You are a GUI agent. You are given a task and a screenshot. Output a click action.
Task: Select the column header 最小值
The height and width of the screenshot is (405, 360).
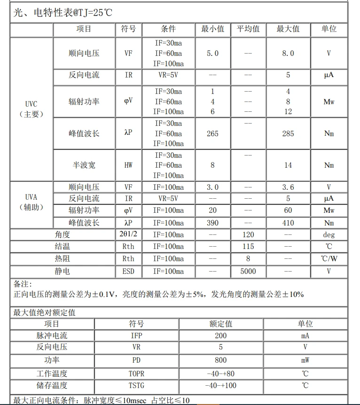[212, 29]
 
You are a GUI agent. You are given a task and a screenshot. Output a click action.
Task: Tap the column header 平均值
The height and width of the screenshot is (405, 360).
[248, 29]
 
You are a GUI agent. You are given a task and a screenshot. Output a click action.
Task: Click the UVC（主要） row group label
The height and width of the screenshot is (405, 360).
[31, 109]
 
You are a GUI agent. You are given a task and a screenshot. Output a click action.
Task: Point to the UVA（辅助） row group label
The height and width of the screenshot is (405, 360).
[31, 202]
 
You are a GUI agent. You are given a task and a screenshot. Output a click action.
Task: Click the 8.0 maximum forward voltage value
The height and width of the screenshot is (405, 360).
[288, 54]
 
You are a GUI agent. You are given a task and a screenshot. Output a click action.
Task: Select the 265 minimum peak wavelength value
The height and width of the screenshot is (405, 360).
[212, 133]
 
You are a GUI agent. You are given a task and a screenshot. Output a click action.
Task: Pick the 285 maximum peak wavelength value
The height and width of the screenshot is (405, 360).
[288, 133]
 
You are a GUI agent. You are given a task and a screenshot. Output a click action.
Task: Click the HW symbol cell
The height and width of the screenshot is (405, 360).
[128, 165]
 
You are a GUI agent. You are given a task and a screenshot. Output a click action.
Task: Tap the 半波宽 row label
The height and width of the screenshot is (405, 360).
[84, 165]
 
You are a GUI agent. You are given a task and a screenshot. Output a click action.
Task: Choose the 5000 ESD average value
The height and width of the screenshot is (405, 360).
[248, 271]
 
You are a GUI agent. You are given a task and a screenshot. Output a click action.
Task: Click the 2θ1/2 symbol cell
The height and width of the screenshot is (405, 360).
[128, 234]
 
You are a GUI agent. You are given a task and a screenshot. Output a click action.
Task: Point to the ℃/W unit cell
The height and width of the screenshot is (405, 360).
[329, 259]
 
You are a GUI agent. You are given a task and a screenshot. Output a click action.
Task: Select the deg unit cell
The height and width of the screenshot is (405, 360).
[329, 234]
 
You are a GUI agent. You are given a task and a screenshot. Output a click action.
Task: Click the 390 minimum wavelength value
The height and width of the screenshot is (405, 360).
[212, 223]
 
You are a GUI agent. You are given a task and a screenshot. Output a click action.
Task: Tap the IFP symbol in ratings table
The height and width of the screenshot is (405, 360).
[136, 335]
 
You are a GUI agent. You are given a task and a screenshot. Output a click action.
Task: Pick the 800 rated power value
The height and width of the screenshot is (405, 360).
[220, 360]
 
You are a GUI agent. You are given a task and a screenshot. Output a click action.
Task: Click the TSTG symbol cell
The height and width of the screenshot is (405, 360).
[136, 386]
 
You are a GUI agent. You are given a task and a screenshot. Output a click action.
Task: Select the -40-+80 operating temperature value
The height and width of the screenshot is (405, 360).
[220, 374]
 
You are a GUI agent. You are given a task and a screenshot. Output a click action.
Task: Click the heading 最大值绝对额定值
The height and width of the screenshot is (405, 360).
[44, 312]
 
